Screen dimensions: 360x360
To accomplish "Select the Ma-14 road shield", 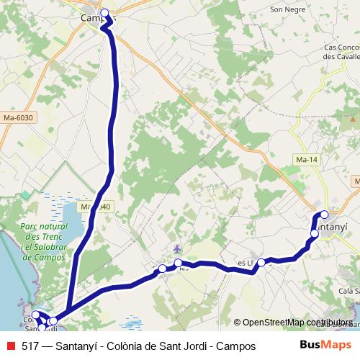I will click(306, 159).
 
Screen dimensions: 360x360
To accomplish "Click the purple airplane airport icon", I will click(177, 249).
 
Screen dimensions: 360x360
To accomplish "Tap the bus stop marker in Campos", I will click(105, 13).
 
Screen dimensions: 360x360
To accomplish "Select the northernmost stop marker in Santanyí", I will click(324, 214).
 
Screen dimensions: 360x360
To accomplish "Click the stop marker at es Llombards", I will click(261, 262).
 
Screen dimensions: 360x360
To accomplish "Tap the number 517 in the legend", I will click(30, 346).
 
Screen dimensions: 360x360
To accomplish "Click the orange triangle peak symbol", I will click(354, 117).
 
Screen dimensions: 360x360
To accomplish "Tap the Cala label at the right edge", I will click(348, 291).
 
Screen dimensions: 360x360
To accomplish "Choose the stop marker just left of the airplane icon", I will click(162, 269).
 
